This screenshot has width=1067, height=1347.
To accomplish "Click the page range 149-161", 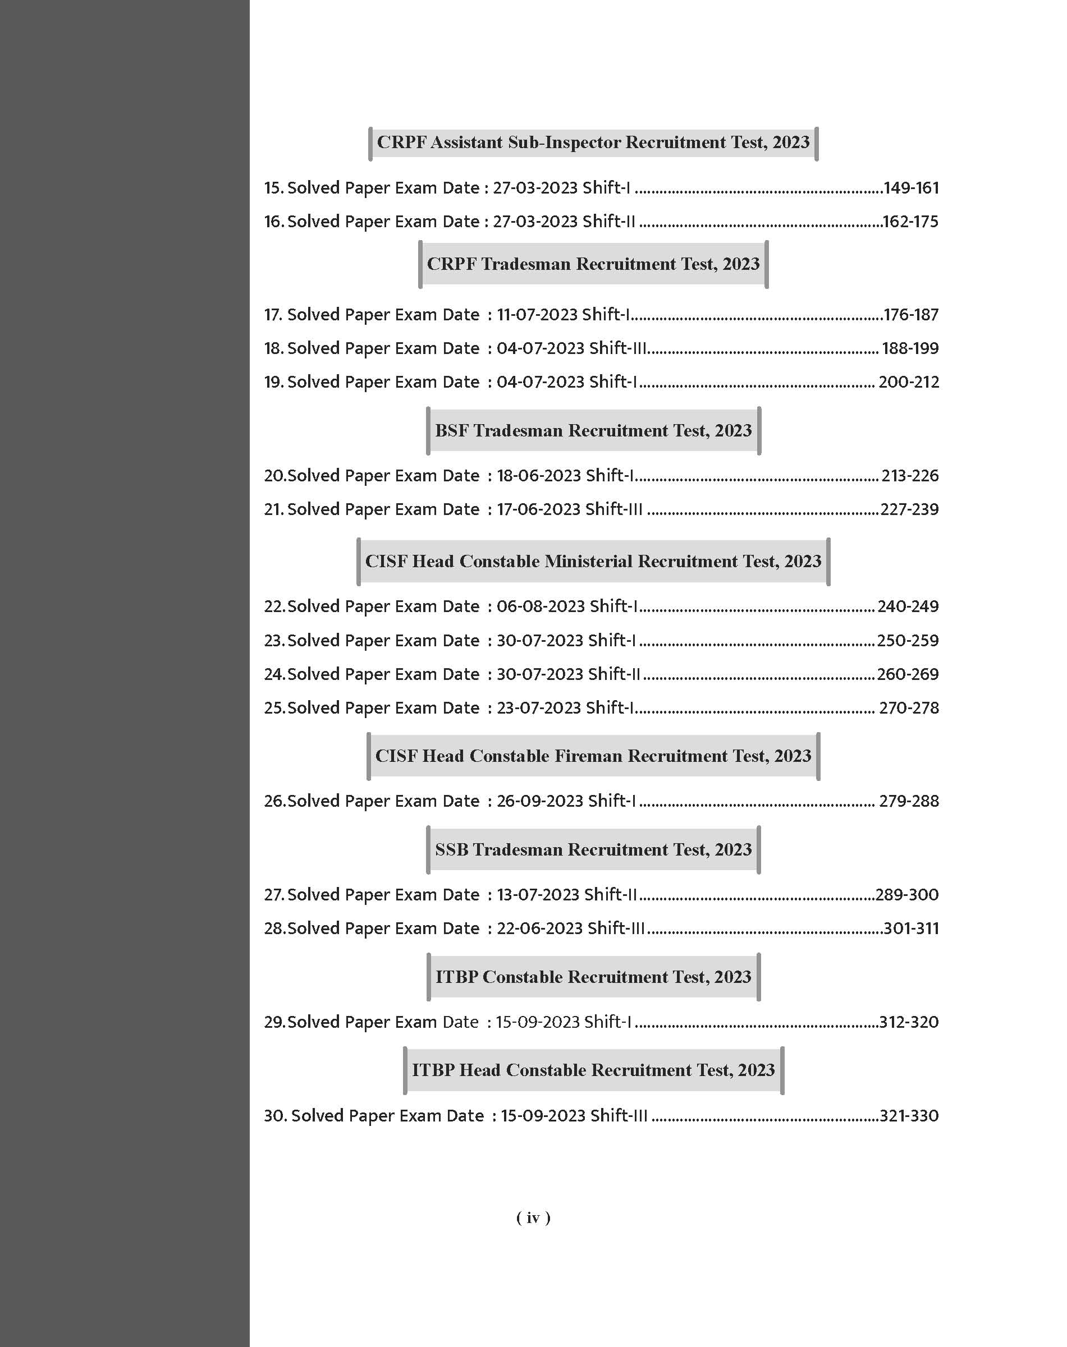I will (911, 188).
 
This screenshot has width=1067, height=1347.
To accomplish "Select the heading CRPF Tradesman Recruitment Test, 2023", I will (593, 264).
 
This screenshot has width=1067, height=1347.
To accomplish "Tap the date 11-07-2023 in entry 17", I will (537, 315).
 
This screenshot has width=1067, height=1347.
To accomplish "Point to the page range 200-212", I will (908, 382).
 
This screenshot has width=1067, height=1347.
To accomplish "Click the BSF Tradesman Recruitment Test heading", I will (593, 431).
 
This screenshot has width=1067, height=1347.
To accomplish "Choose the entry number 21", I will (273, 509).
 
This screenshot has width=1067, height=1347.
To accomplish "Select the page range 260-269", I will (907, 674).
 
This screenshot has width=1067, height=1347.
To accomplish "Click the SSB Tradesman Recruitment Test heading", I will (593, 850).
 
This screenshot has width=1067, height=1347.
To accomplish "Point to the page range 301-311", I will (911, 928).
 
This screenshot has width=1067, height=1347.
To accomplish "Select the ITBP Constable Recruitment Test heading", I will (593, 977).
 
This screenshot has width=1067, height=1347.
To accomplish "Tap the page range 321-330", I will (908, 1116).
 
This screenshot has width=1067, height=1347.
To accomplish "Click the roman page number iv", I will (533, 1218).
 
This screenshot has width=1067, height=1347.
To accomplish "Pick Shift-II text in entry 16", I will (608, 222).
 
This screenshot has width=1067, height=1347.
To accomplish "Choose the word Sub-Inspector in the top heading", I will (564, 142).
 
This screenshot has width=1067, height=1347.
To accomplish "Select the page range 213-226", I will (910, 476).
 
